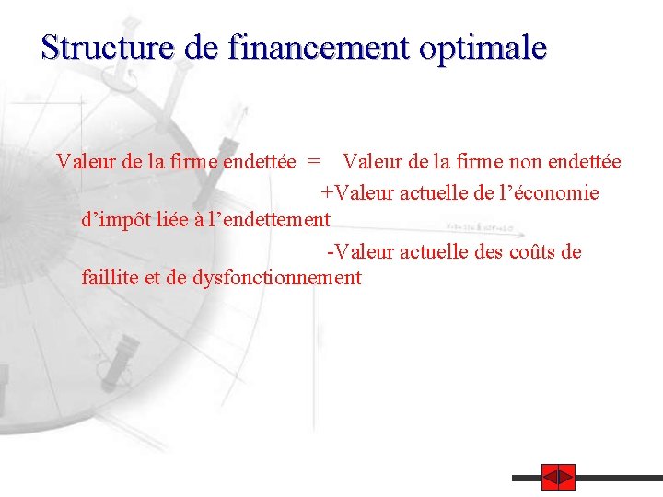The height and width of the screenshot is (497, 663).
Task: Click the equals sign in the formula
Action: point(315,163)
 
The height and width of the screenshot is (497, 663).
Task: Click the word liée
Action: point(168,220)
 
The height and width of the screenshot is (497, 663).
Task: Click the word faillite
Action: point(110,278)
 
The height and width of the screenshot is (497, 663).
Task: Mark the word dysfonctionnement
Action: point(277,278)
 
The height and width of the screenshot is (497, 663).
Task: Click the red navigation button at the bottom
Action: point(558,478)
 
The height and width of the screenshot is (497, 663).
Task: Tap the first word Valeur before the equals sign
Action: point(86,163)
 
